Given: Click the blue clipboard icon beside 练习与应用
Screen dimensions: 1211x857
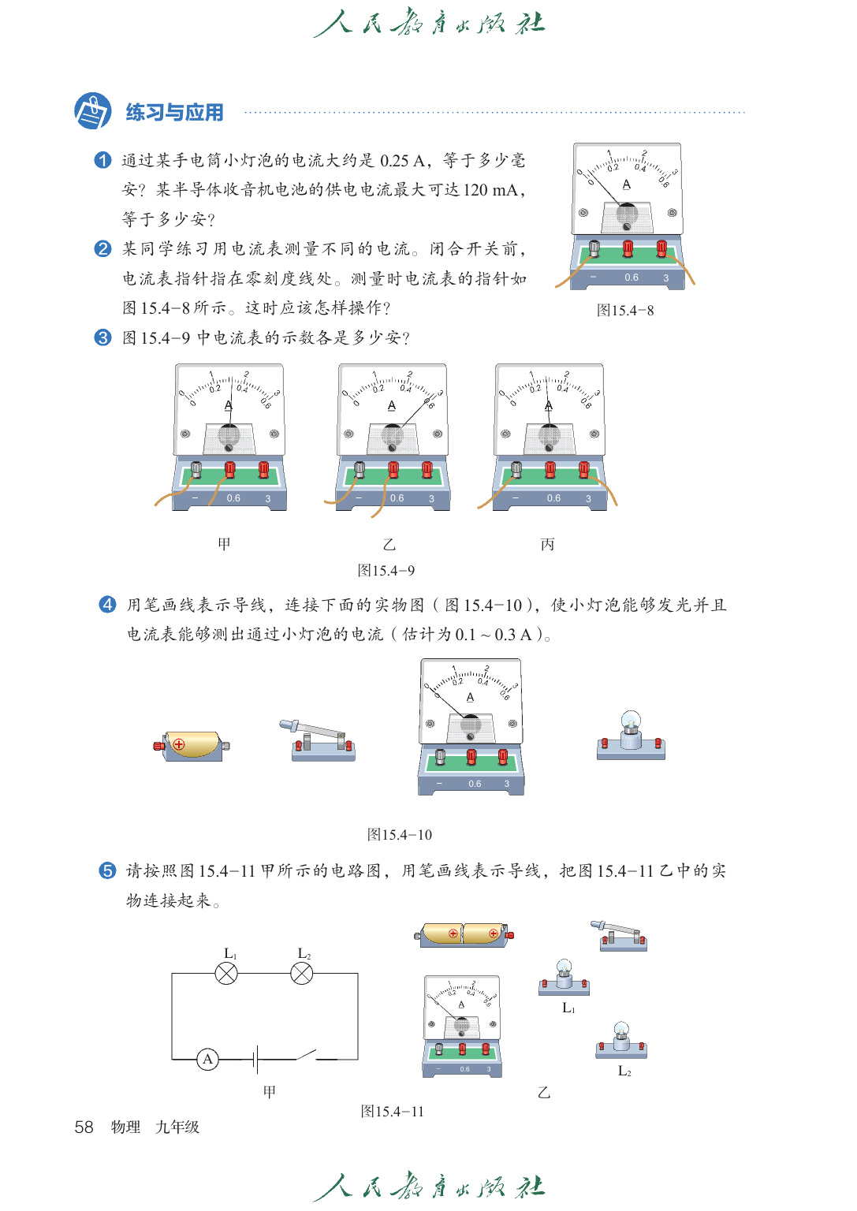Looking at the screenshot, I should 92,110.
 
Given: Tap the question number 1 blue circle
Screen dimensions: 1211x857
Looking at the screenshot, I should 102,160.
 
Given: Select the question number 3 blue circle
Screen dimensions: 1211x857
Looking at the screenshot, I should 102,337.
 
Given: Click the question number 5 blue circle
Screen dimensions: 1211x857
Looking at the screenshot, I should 107,870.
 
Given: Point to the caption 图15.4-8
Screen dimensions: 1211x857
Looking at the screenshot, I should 625,310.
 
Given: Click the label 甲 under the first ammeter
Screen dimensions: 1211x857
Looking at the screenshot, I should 224,544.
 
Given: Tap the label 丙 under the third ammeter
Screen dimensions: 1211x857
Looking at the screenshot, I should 547,544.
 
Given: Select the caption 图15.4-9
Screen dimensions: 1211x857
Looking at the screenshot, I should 386,570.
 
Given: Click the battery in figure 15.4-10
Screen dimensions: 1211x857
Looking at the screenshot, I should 192,745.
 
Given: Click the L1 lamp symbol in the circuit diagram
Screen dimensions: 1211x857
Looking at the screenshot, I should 226,974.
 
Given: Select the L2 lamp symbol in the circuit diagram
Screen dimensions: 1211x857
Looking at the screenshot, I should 302,974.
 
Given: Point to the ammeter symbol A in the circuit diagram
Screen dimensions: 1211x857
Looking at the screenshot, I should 207,1060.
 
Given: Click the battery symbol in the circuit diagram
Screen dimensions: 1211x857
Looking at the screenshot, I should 257,1060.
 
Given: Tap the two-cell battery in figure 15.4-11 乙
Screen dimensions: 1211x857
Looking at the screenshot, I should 464,934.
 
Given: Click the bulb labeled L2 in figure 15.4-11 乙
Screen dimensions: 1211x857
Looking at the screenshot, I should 621,1039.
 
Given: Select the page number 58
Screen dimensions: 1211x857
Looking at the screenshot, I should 84,1127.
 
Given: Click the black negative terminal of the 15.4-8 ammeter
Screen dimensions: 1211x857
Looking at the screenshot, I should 594,249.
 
